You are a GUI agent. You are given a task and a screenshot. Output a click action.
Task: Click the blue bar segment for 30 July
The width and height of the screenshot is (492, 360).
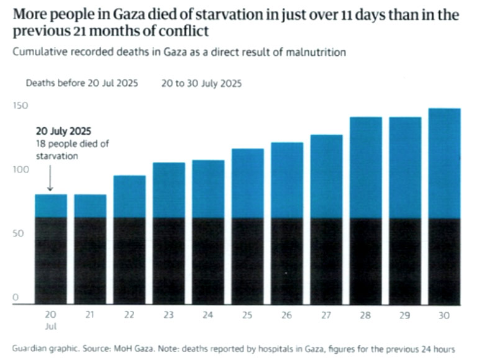(444, 163)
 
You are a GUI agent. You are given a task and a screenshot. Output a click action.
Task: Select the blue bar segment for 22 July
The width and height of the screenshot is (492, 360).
(129, 197)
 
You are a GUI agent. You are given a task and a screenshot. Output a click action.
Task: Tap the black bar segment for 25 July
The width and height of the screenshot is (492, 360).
(247, 261)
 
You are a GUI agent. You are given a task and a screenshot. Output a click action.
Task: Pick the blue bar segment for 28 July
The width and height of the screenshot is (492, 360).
(365, 168)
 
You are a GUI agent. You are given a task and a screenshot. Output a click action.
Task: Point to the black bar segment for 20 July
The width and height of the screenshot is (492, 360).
(50, 261)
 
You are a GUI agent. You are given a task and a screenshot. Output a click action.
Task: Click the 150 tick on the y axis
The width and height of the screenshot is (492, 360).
(21, 106)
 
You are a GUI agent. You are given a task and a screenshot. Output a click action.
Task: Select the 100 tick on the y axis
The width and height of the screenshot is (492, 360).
(21, 169)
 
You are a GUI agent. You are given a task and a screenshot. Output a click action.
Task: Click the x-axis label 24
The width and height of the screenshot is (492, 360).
(207, 315)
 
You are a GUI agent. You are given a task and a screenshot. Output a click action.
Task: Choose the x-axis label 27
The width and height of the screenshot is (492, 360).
(326, 315)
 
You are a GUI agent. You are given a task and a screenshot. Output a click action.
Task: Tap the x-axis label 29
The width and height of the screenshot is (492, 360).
(405, 315)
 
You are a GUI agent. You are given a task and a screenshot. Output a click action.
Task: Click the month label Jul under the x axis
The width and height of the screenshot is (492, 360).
(50, 326)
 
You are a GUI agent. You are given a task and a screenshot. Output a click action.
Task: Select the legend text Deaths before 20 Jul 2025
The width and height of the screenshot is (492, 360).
(81, 83)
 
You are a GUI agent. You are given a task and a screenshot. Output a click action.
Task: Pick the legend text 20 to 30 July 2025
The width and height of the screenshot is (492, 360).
(201, 83)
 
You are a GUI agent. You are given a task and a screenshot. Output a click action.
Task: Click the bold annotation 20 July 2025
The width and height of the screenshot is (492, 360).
(63, 132)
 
